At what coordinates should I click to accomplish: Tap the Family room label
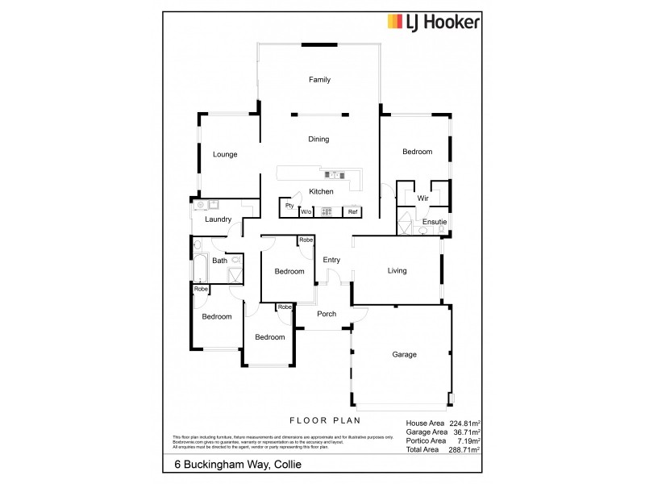coord(320,80)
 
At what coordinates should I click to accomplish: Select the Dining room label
coord(318,140)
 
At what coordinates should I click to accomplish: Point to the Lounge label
coord(225,154)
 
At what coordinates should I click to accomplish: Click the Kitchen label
coord(321,191)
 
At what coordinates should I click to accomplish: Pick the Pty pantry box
coord(289,207)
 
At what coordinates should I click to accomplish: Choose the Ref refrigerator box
coord(352,212)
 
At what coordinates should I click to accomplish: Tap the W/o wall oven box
coord(306,212)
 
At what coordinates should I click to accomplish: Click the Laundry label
coord(218,219)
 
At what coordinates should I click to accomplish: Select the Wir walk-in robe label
coord(422,198)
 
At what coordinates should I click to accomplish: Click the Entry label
coord(331,260)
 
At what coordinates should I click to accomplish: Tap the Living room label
coord(396,271)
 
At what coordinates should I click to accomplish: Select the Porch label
coord(327,314)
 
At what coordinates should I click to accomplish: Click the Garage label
coord(404,354)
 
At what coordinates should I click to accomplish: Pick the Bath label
coord(219,261)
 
